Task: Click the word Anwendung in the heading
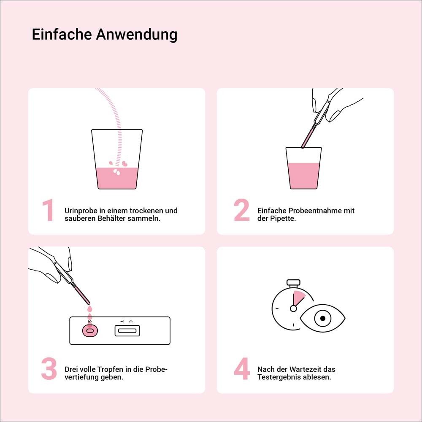[136, 35]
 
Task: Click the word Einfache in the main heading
[62, 34]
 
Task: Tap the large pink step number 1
[48, 210]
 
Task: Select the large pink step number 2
[242, 210]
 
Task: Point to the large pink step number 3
[49, 369]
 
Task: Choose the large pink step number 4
[242, 369]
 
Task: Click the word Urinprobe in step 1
[80, 211]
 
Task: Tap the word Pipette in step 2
[284, 219]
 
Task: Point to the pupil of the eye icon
[323, 318]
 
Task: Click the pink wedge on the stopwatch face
[299, 298]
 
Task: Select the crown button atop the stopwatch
[293, 281]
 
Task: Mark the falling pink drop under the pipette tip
[89, 311]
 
